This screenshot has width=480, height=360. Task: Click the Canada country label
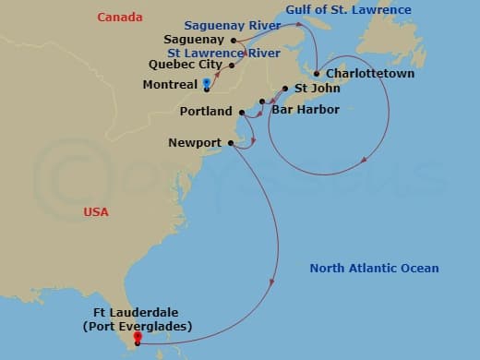point(120,18)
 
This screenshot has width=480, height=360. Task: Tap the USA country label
point(96,212)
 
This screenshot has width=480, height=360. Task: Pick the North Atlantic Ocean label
point(374,269)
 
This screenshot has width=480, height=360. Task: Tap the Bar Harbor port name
point(306,109)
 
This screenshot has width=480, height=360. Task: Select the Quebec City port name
point(186,66)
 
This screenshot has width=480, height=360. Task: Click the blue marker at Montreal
point(207,84)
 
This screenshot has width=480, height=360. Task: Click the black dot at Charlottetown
point(317,74)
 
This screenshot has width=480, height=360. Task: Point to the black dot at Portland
point(242,113)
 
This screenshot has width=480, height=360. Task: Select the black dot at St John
point(285,90)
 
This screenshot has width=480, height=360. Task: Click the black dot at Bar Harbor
point(263,102)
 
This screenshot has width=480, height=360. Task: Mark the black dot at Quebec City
point(231,66)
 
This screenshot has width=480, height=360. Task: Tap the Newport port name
point(195,143)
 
